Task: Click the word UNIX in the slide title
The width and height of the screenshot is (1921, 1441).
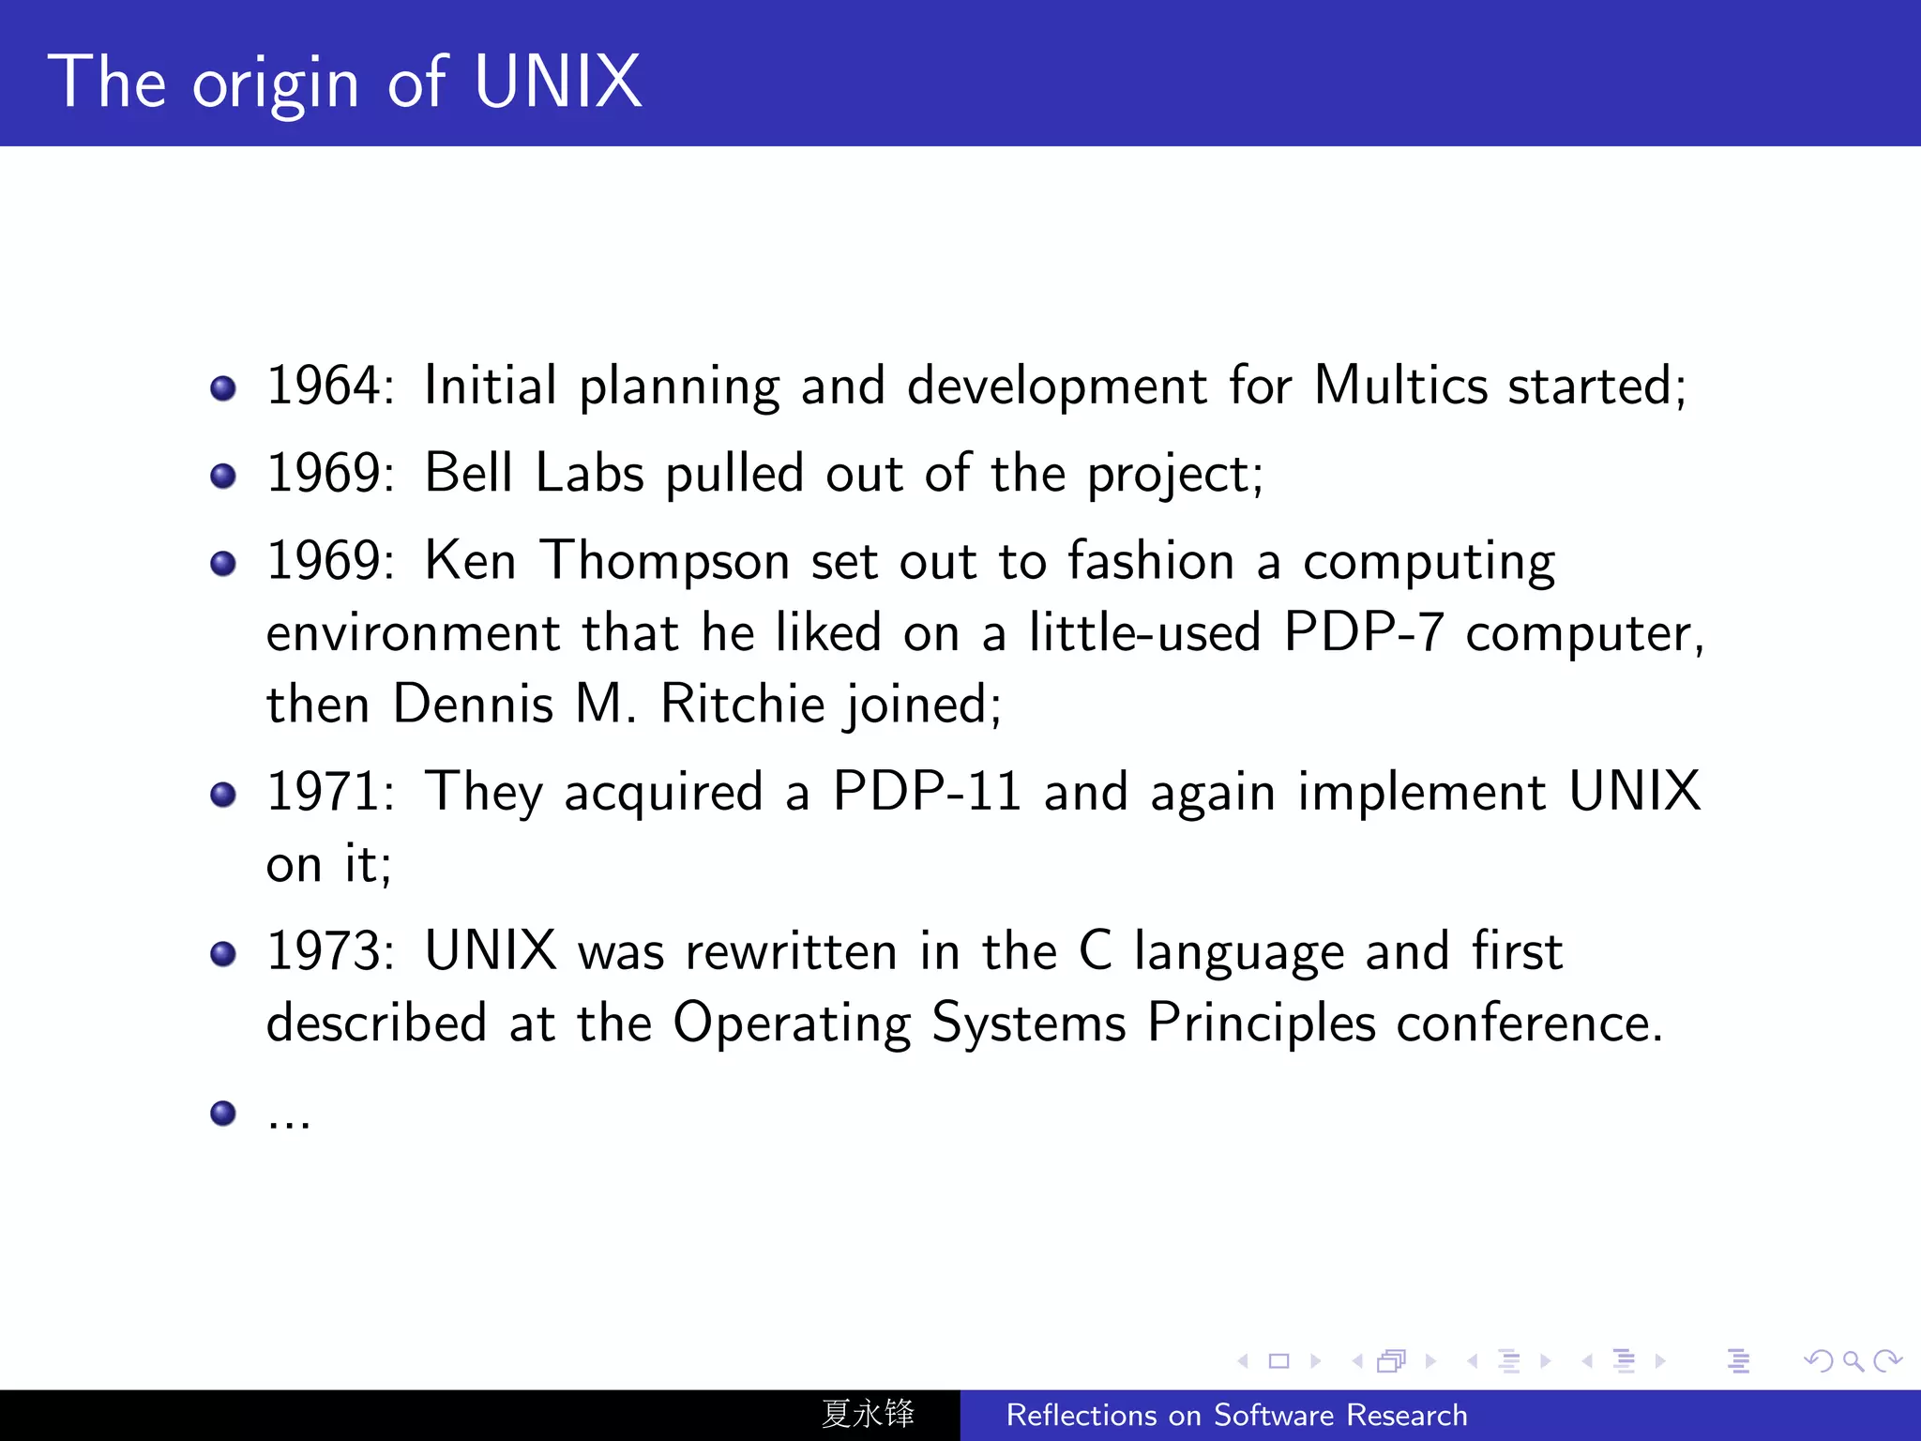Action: [557, 83]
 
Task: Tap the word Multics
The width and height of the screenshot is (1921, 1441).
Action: [1400, 386]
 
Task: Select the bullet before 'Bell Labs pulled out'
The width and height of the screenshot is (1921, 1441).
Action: [223, 476]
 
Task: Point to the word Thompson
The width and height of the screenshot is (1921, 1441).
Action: [665, 561]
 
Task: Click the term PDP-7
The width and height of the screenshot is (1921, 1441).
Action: [1363, 632]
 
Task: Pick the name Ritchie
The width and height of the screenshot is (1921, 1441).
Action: [742, 704]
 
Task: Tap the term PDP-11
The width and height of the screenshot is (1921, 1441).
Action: [927, 792]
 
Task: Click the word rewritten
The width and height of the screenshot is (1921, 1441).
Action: [792, 951]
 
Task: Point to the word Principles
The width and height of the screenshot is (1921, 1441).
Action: [1262, 1023]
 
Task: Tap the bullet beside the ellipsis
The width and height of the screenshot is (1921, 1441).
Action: [223, 1114]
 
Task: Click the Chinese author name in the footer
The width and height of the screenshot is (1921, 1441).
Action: [868, 1414]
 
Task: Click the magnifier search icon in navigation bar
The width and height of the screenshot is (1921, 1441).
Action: [1853, 1360]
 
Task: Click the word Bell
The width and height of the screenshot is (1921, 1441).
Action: [469, 473]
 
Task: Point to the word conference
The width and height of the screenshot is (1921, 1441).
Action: [1529, 1023]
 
